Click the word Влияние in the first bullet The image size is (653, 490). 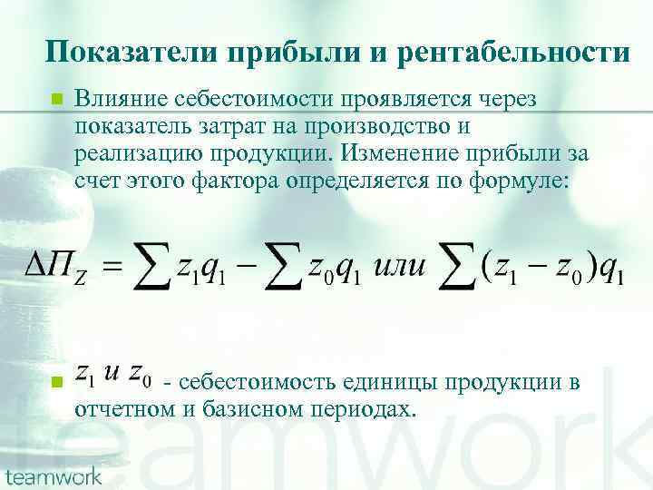(x=125, y=98)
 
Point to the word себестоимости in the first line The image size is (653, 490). (x=254, y=98)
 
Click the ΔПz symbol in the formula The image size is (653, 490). (x=55, y=268)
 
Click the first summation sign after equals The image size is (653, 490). (x=151, y=266)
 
